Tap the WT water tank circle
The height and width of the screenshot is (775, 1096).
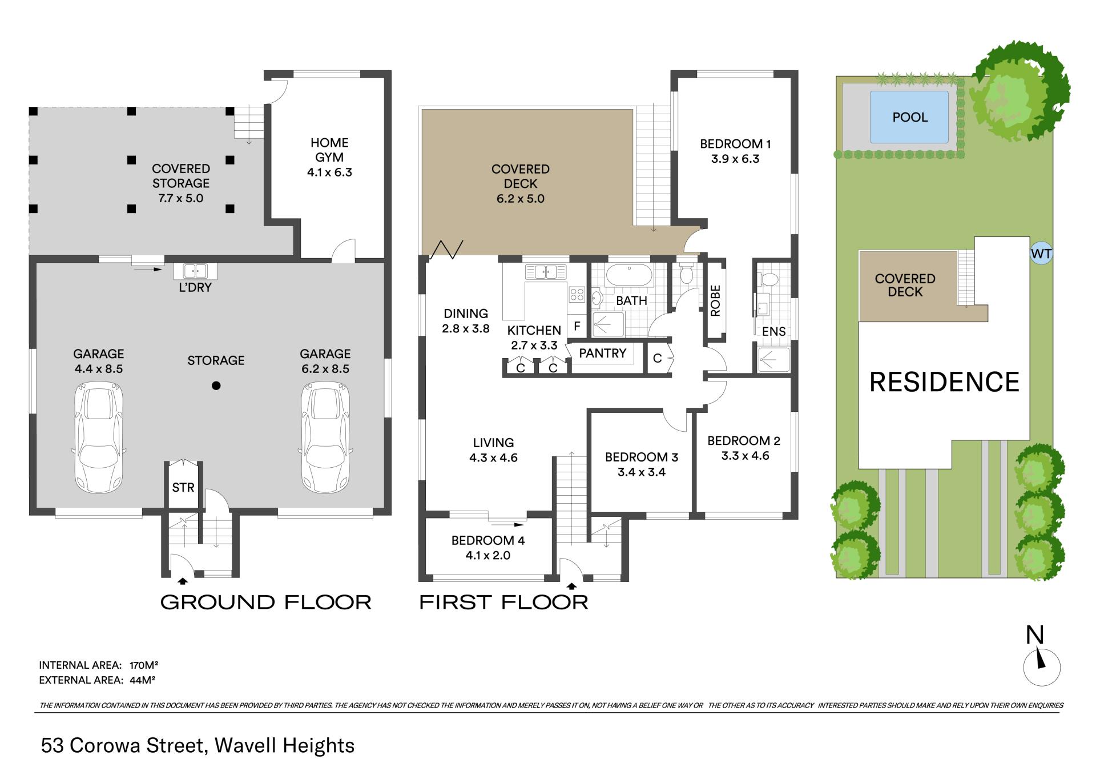click(x=1041, y=254)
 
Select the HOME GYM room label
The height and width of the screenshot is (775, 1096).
click(x=329, y=150)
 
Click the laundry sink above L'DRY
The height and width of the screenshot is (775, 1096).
click(x=195, y=271)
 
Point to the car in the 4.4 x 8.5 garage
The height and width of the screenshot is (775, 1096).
click(x=99, y=437)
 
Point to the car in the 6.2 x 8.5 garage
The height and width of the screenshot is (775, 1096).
click(x=325, y=437)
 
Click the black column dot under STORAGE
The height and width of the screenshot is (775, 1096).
click(x=216, y=386)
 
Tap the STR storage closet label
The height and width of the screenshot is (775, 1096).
click(x=183, y=487)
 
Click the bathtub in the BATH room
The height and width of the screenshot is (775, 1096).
click(x=628, y=275)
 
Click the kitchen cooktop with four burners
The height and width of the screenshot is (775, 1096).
click(x=577, y=295)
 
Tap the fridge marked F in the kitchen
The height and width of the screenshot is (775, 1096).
click(x=577, y=327)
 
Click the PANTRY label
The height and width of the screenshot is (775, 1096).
click(x=602, y=354)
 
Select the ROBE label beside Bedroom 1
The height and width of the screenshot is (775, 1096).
click(x=715, y=300)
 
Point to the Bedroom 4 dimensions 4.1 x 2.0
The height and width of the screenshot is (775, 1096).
click(x=487, y=555)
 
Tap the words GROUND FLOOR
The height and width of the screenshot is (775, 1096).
click(x=265, y=602)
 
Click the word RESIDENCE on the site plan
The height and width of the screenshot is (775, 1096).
click(x=944, y=382)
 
